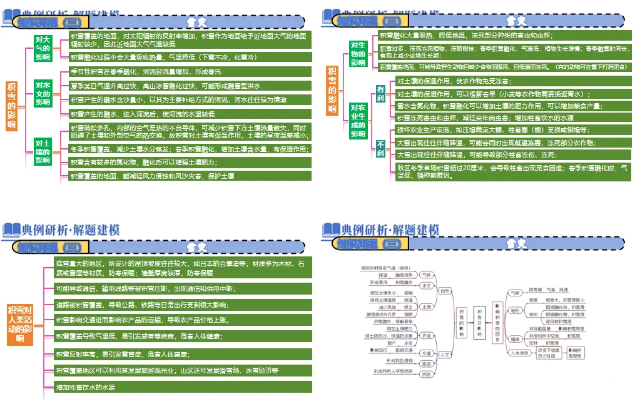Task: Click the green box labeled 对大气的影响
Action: tap(43, 48)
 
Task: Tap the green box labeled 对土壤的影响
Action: tap(43, 151)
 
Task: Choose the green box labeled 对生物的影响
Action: tap(358, 54)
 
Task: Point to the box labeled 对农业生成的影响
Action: tap(358, 121)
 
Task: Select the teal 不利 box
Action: tap(380, 148)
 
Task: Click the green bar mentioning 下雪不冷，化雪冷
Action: tap(188, 57)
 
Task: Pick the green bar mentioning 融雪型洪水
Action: tap(188, 86)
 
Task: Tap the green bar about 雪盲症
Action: tap(181, 355)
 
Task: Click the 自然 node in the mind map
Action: tap(445, 291)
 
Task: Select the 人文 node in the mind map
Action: tap(445, 355)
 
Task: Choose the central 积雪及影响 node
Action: tap(480, 323)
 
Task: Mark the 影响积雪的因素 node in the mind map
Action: tap(498, 323)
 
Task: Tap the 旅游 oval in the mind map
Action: tap(426, 363)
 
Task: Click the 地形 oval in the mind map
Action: tap(515, 310)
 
